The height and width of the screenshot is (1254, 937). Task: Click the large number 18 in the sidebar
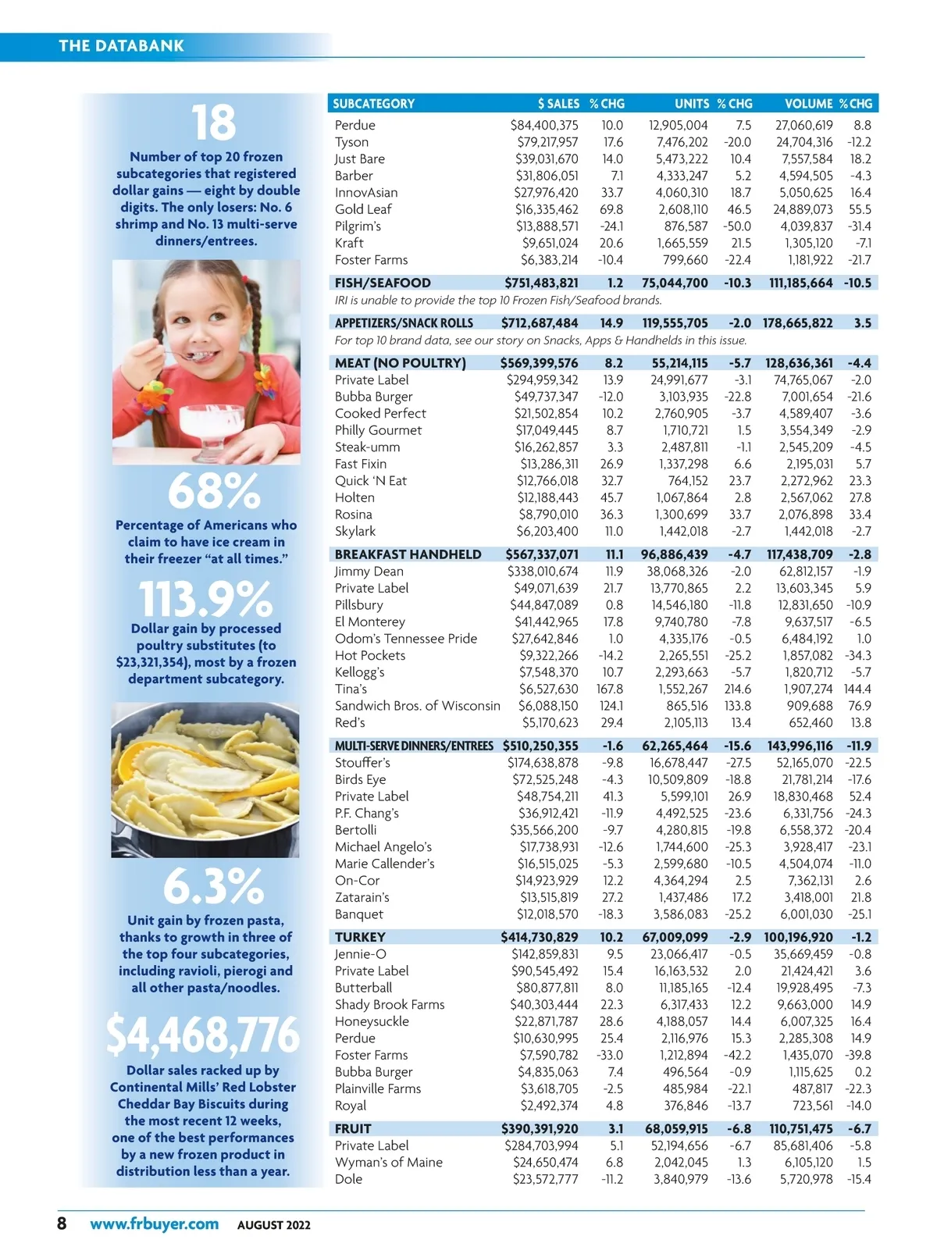(214, 123)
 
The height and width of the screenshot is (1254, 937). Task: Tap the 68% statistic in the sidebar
(214, 491)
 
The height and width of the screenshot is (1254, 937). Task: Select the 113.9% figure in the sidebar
(205, 599)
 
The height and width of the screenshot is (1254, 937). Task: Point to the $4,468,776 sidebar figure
(203, 1034)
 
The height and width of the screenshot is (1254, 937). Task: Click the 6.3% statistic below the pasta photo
(213, 886)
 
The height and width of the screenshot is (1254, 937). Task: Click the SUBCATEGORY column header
(373, 104)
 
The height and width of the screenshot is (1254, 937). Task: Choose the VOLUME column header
(808, 104)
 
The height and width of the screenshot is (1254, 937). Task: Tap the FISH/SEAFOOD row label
(383, 283)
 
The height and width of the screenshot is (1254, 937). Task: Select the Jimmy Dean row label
(369, 572)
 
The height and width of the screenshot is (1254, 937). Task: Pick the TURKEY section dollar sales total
(540, 937)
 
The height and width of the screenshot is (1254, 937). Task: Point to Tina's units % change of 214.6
(737, 689)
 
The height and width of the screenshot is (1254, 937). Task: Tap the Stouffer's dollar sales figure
(543, 763)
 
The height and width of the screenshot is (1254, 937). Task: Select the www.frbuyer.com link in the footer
(154, 1224)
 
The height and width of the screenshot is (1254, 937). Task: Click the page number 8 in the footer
(62, 1223)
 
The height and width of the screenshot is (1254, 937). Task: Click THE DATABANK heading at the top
(121, 45)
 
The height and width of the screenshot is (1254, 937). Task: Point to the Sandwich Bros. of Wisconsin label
(418, 706)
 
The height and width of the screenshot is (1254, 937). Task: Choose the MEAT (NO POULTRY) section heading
(400, 363)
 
